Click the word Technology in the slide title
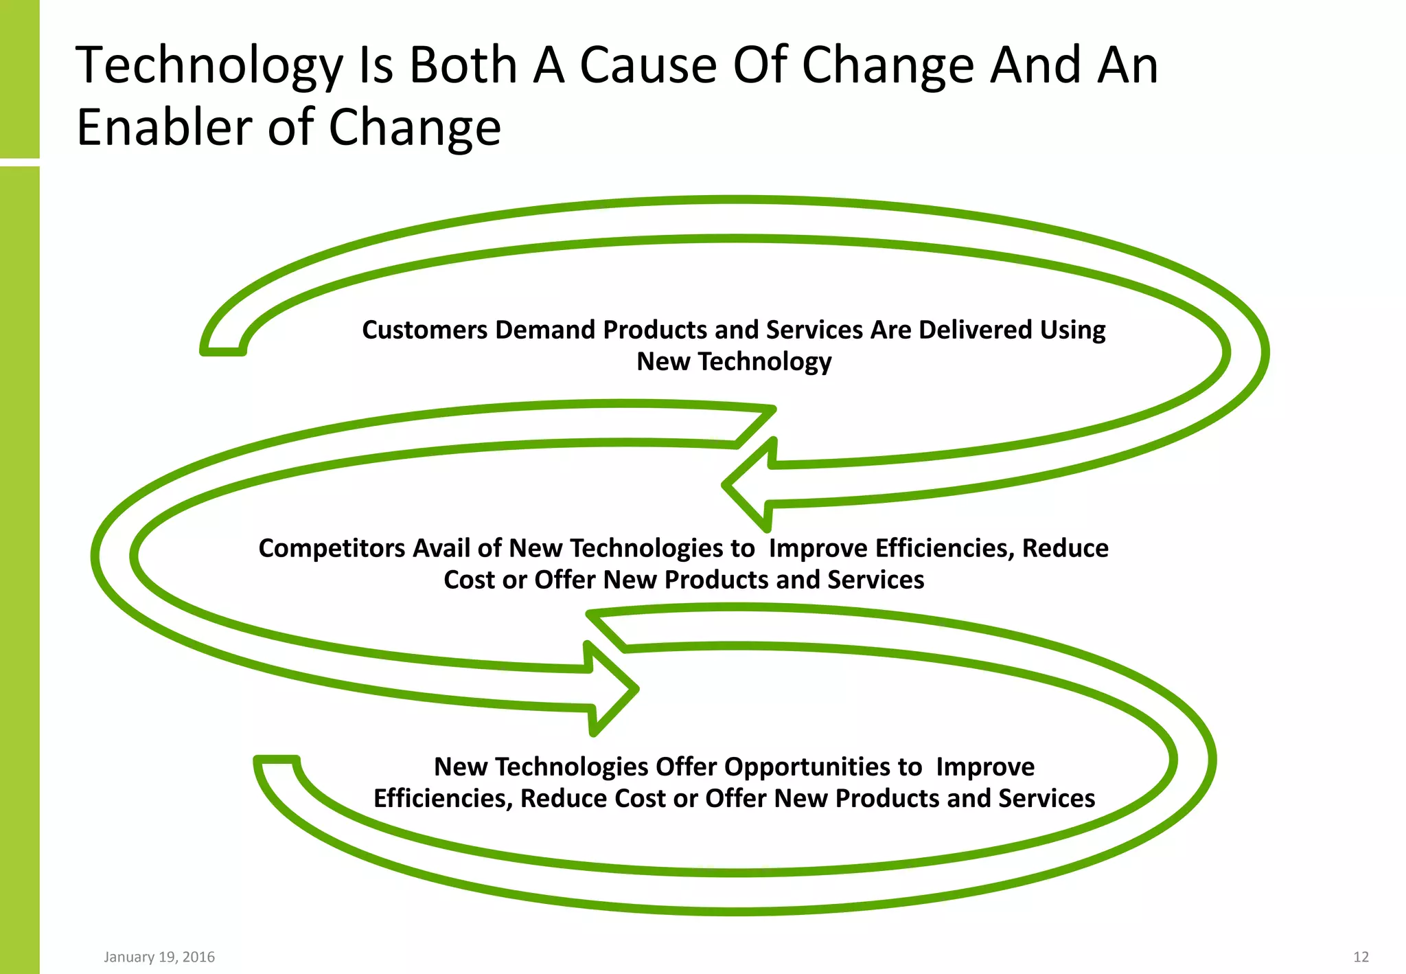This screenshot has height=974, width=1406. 209,67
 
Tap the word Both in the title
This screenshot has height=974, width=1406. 463,65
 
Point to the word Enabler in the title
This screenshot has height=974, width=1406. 165,127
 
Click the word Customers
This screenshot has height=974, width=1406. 424,330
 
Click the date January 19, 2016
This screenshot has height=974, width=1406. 159,957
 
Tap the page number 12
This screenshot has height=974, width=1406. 1361,957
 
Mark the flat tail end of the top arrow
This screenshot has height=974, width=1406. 223,351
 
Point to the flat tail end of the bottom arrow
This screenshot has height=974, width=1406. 277,760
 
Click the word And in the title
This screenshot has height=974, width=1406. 1035,65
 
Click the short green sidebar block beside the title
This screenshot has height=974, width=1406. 19,78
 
